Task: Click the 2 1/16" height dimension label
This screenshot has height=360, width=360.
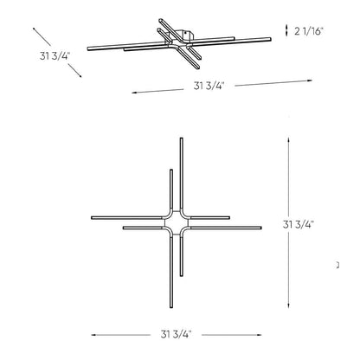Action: [309, 31]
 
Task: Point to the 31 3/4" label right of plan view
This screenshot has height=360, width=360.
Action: [299, 223]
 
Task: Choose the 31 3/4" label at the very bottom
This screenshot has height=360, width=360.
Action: [176, 334]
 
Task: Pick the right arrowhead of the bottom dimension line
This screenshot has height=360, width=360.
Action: [260, 334]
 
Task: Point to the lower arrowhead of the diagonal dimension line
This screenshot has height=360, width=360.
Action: [81, 77]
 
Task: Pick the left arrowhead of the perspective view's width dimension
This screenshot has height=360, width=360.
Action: [132, 92]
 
